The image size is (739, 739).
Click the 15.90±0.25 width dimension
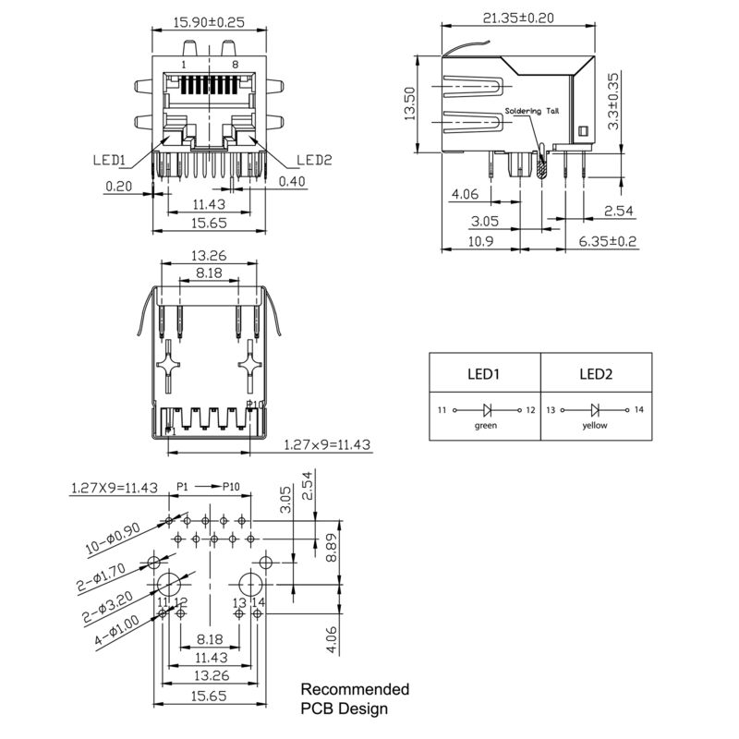point(209,23)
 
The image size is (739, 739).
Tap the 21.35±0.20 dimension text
point(519,17)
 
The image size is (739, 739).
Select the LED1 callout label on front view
point(109,160)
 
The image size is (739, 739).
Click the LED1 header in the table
point(484,375)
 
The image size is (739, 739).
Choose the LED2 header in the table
point(596,375)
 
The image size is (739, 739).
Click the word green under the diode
point(485,426)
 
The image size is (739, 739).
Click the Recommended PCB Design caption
point(355,698)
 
